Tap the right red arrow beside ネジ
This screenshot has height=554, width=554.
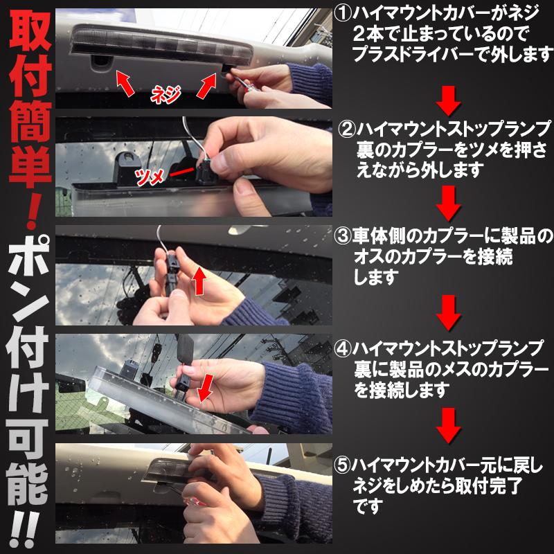207,86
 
